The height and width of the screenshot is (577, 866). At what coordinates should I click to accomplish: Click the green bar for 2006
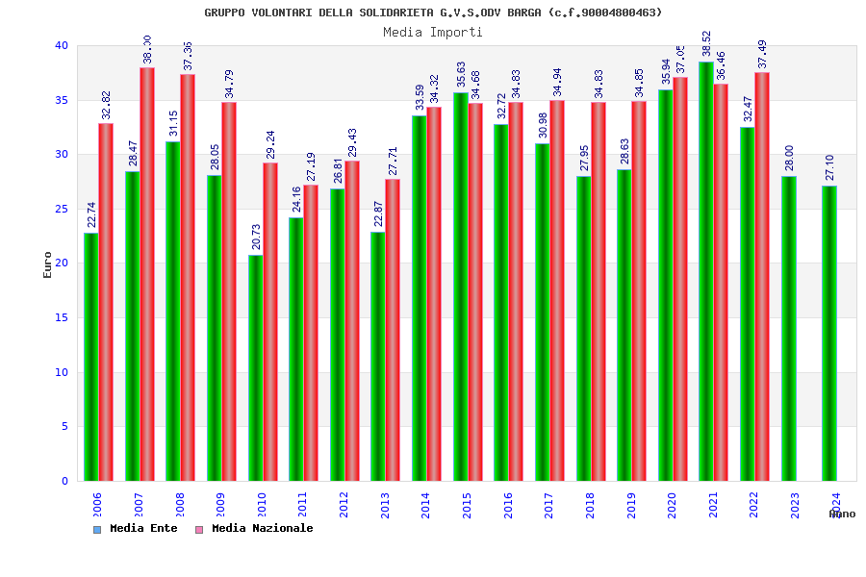point(90,357)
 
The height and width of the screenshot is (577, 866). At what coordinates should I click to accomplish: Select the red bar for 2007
point(147,274)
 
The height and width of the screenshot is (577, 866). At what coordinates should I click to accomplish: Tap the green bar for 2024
point(829,333)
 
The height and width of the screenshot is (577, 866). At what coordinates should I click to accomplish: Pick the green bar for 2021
point(706,271)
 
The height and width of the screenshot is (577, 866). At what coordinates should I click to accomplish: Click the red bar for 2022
point(762,276)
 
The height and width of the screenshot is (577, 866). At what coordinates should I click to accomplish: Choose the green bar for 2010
point(255,367)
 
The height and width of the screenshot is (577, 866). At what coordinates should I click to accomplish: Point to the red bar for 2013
point(393,330)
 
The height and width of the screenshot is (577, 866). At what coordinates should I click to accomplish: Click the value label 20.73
point(256,236)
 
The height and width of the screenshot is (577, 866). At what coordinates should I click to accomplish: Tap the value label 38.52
point(706,43)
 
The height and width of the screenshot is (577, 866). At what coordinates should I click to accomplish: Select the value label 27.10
point(829,167)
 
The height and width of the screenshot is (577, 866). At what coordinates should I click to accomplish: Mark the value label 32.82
point(106,105)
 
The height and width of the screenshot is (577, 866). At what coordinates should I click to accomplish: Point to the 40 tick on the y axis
point(62,45)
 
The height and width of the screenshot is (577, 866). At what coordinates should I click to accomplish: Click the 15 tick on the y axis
point(62,317)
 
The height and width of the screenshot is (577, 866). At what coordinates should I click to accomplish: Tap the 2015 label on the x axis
point(467,506)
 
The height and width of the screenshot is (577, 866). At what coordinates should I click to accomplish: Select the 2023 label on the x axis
point(795,506)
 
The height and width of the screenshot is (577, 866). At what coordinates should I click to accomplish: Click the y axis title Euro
point(48,264)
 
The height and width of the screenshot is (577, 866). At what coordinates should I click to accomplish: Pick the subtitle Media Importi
point(433,32)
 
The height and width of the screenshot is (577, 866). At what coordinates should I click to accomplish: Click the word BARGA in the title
point(525,13)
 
